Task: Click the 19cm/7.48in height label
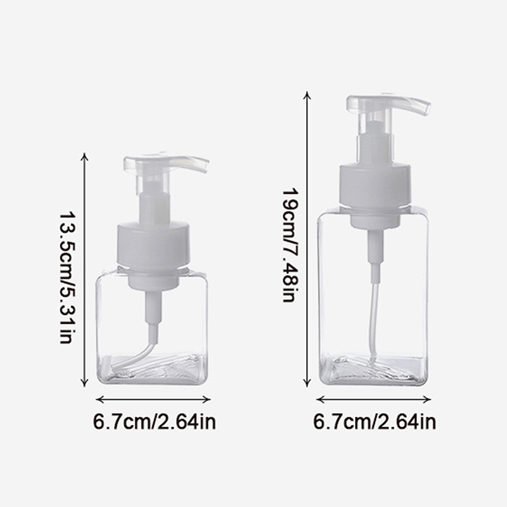point(290,245)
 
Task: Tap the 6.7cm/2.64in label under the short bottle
point(154,421)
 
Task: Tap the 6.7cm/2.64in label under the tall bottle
point(375,421)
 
